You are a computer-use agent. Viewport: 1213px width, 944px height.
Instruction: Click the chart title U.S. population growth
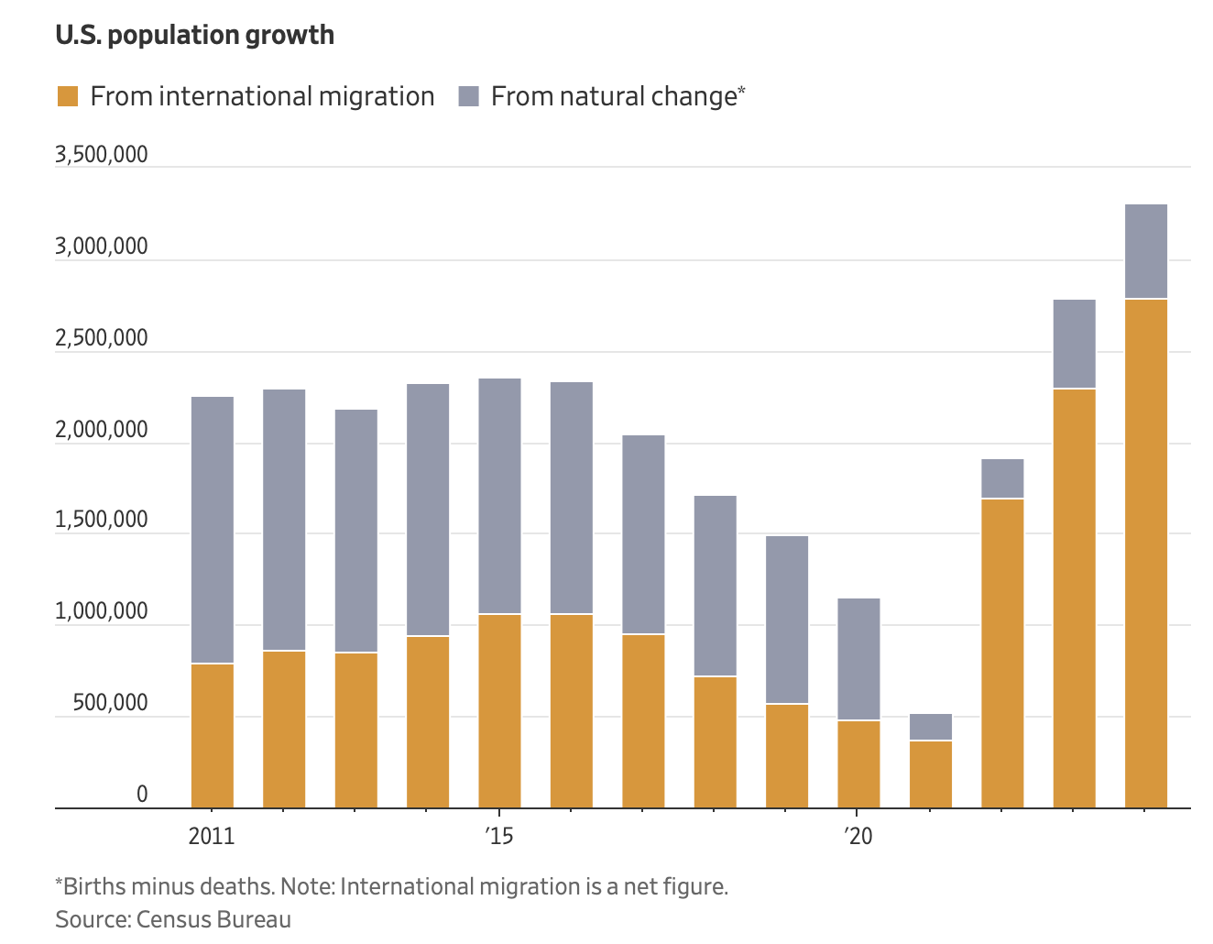pos(194,35)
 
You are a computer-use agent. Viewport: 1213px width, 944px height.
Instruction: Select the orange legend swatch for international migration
pos(68,96)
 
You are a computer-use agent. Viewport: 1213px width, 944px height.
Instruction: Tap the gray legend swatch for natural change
pos(468,96)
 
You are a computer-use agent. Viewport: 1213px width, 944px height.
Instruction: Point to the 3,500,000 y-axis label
pos(101,154)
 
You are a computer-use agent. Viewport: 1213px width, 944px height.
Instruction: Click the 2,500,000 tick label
pos(101,338)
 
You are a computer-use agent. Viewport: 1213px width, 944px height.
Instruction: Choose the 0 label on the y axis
pos(142,795)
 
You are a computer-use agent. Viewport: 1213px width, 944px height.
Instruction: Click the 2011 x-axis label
pos(212,836)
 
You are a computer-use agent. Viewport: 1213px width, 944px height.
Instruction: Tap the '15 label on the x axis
pos(498,836)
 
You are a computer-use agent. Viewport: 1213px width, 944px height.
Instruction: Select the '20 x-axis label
pos(858,836)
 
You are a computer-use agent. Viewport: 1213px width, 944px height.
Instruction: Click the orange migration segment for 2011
pos(212,736)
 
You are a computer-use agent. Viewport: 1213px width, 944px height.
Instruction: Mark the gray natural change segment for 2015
pos(499,496)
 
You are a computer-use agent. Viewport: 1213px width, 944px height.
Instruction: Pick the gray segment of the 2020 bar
pos(858,659)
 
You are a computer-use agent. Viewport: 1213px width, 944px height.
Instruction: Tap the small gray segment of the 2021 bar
pos(930,727)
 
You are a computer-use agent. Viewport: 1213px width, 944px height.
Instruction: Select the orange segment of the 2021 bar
pos(930,774)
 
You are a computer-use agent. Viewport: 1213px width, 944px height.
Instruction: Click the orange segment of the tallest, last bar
pos(1145,554)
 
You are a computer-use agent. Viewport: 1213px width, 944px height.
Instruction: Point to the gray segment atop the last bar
pos(1145,251)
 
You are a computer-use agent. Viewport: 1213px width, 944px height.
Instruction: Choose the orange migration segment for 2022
pos(1002,653)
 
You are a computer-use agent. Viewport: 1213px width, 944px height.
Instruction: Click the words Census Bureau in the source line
pos(213,919)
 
